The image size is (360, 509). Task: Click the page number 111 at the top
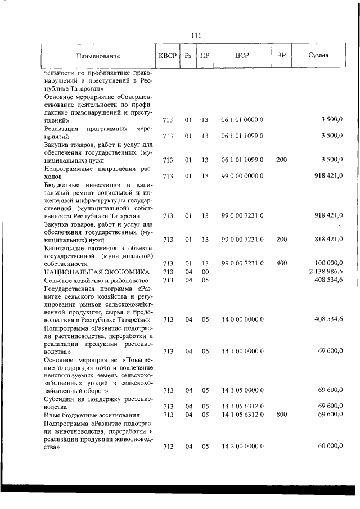click(196, 35)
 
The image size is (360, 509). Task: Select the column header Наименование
click(98, 56)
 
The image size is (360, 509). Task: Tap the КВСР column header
click(168, 56)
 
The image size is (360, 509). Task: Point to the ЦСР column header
click(242, 56)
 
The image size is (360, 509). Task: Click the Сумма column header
click(319, 56)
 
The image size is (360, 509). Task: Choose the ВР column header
click(281, 56)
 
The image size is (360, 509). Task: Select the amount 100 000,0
click(328, 263)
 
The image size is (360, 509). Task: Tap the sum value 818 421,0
click(328, 239)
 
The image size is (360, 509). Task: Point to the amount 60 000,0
click(330, 446)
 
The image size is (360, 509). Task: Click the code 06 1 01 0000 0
click(242, 120)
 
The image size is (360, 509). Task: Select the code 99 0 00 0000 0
click(242, 176)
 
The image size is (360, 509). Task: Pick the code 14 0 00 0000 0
click(242, 319)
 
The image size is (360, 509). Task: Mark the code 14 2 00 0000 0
click(242, 446)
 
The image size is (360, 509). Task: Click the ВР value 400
click(281, 263)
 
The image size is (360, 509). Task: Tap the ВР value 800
click(281, 415)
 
